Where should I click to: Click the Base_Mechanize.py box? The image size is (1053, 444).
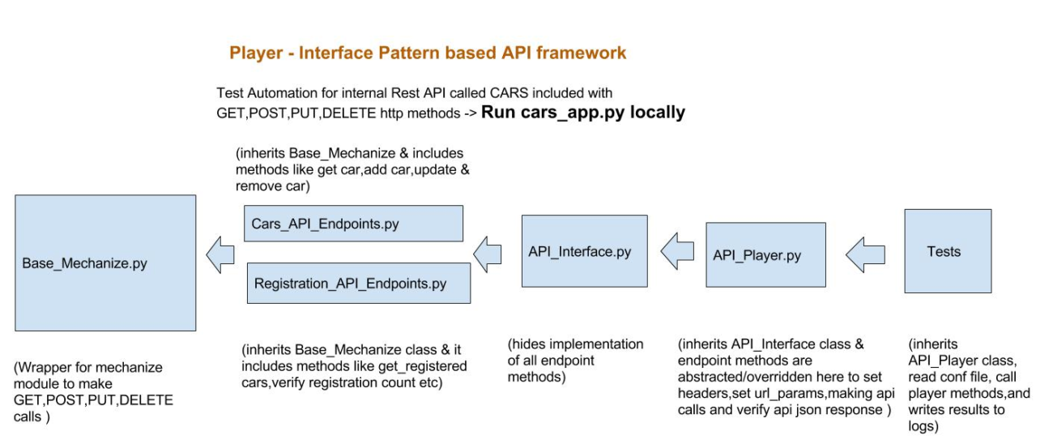coord(105,263)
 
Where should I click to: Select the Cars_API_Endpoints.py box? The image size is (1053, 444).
coord(353,223)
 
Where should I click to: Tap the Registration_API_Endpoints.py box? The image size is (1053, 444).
coord(357,283)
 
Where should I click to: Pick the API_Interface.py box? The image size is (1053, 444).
coord(584,251)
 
